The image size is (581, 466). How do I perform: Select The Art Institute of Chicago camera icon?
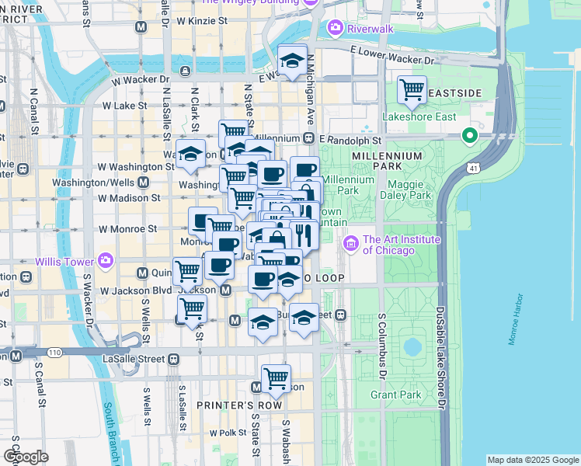point(350,245)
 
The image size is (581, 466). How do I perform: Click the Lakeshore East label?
point(419,117)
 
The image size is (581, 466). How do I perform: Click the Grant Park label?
point(395,395)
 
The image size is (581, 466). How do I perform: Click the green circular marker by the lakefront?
point(469,137)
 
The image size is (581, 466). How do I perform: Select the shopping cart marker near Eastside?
point(412,89)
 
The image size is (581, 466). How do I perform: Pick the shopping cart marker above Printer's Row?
point(276,378)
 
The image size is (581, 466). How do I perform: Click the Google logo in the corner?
point(26,457)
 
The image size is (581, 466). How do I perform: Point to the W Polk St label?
point(227,433)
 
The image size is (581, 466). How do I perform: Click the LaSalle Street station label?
point(134,359)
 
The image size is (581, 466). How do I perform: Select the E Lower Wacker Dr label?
point(392,54)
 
